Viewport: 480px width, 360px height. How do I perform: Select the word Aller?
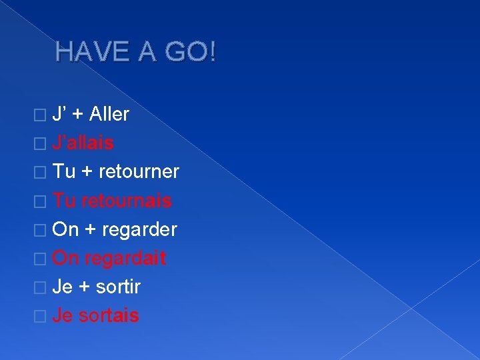109,114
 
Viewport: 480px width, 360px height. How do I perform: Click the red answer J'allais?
83,143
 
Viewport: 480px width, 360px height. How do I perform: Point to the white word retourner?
139,171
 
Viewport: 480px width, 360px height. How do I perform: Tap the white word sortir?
118,287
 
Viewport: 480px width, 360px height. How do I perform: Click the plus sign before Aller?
77,115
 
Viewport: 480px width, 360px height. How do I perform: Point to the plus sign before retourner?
87,172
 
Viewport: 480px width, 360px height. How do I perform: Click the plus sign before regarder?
90,230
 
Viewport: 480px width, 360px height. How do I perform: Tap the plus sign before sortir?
85,287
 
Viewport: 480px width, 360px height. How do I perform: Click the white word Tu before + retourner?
64,171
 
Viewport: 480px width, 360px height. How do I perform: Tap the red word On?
65,258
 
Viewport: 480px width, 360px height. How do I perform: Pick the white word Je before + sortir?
63,287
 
